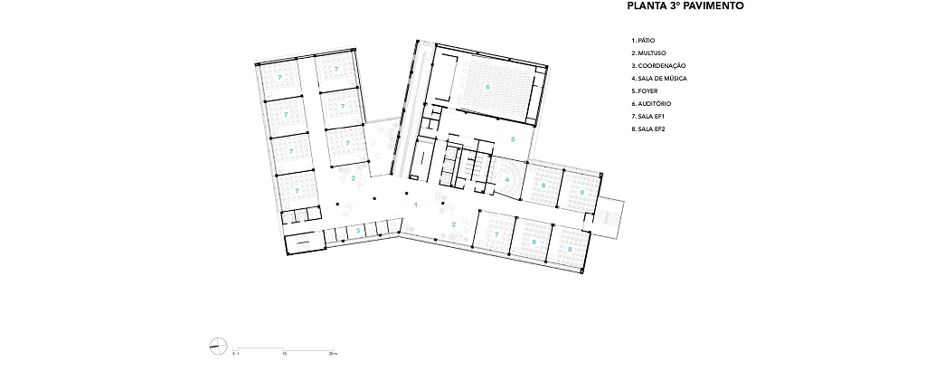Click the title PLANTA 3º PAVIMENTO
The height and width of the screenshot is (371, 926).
685,6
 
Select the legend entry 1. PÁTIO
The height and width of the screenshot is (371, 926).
643,41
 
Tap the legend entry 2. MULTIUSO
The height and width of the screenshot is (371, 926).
648,53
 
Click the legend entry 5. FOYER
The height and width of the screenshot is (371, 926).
644,91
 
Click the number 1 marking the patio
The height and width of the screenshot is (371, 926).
416,205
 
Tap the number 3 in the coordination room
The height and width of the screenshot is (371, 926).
357,230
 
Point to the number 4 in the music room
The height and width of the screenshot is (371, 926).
506,179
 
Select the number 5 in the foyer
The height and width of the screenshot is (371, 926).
514,139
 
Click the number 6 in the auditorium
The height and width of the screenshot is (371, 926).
487,87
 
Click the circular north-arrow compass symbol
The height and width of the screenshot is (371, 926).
217,346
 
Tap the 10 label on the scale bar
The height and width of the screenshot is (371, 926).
285,354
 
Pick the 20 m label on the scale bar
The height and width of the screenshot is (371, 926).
333,354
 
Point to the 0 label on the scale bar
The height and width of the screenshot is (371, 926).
233,354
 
